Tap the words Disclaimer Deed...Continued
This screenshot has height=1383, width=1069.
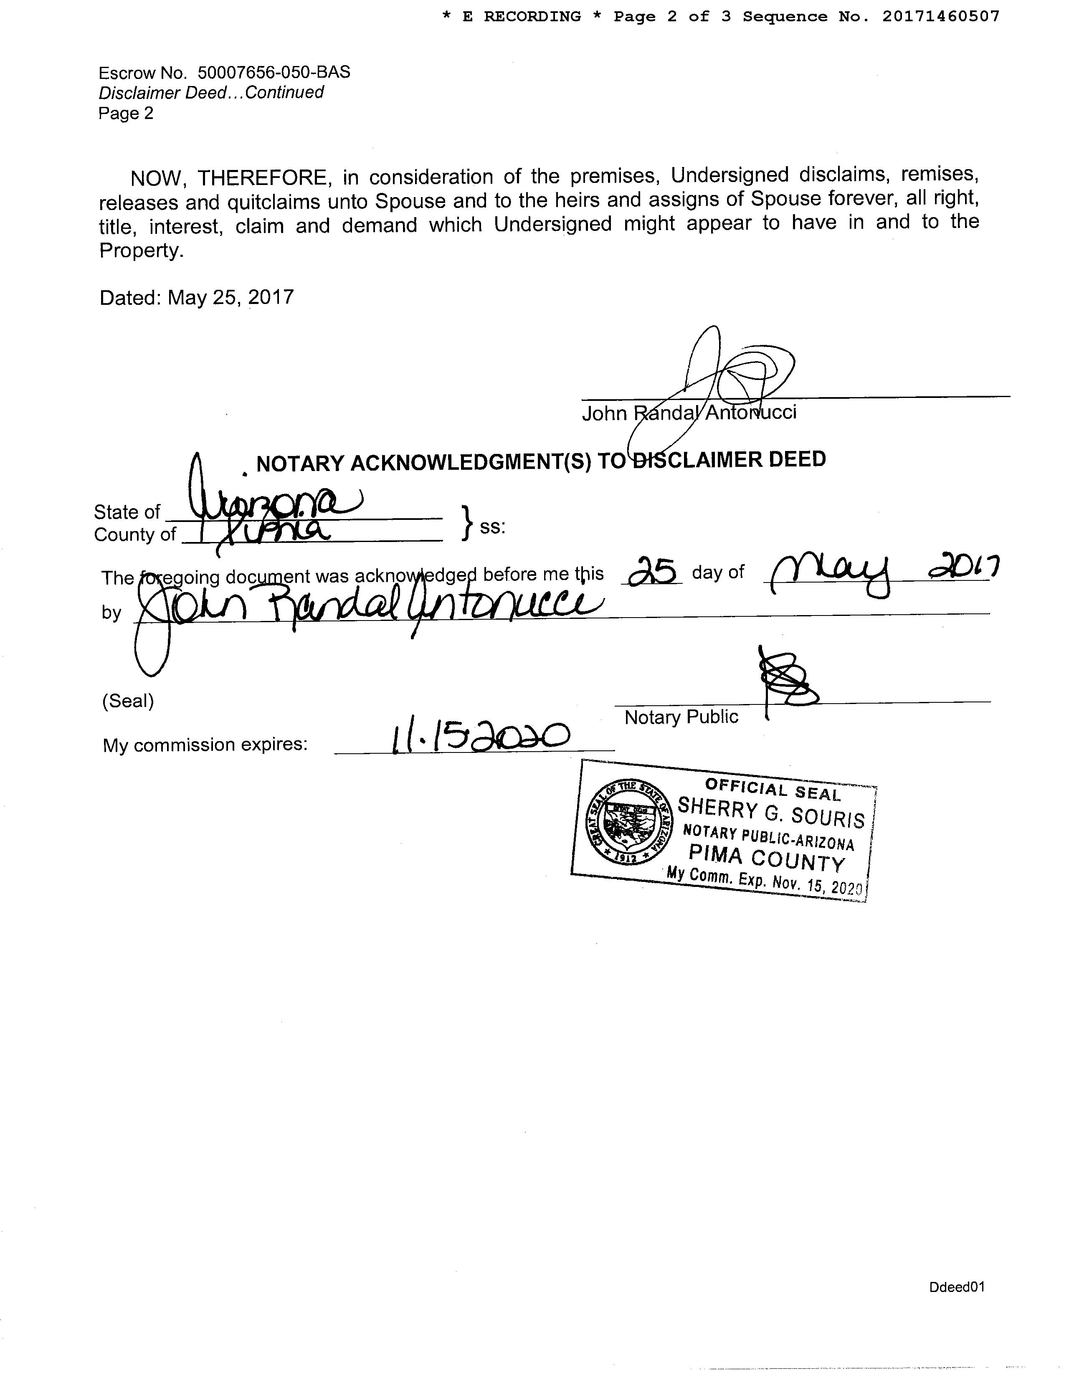point(211,92)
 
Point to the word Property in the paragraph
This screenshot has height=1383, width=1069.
point(141,251)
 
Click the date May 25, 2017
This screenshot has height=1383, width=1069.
point(231,297)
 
